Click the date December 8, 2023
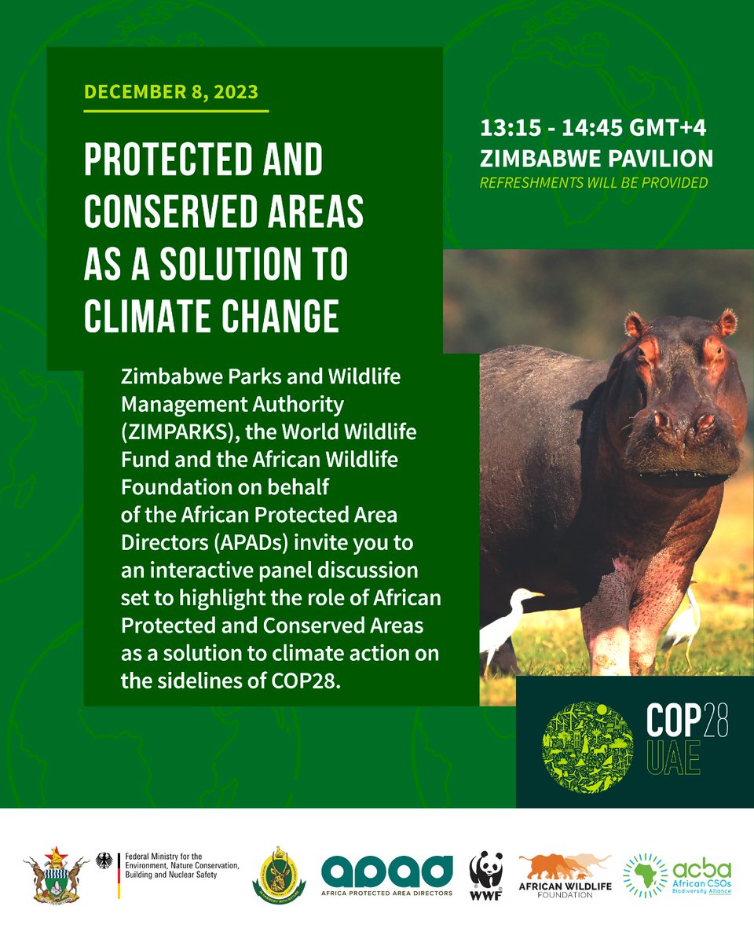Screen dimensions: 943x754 point(171,92)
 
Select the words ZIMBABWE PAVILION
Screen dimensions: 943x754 point(596,159)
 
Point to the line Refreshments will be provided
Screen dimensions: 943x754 point(594,183)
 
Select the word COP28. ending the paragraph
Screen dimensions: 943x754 point(307,681)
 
